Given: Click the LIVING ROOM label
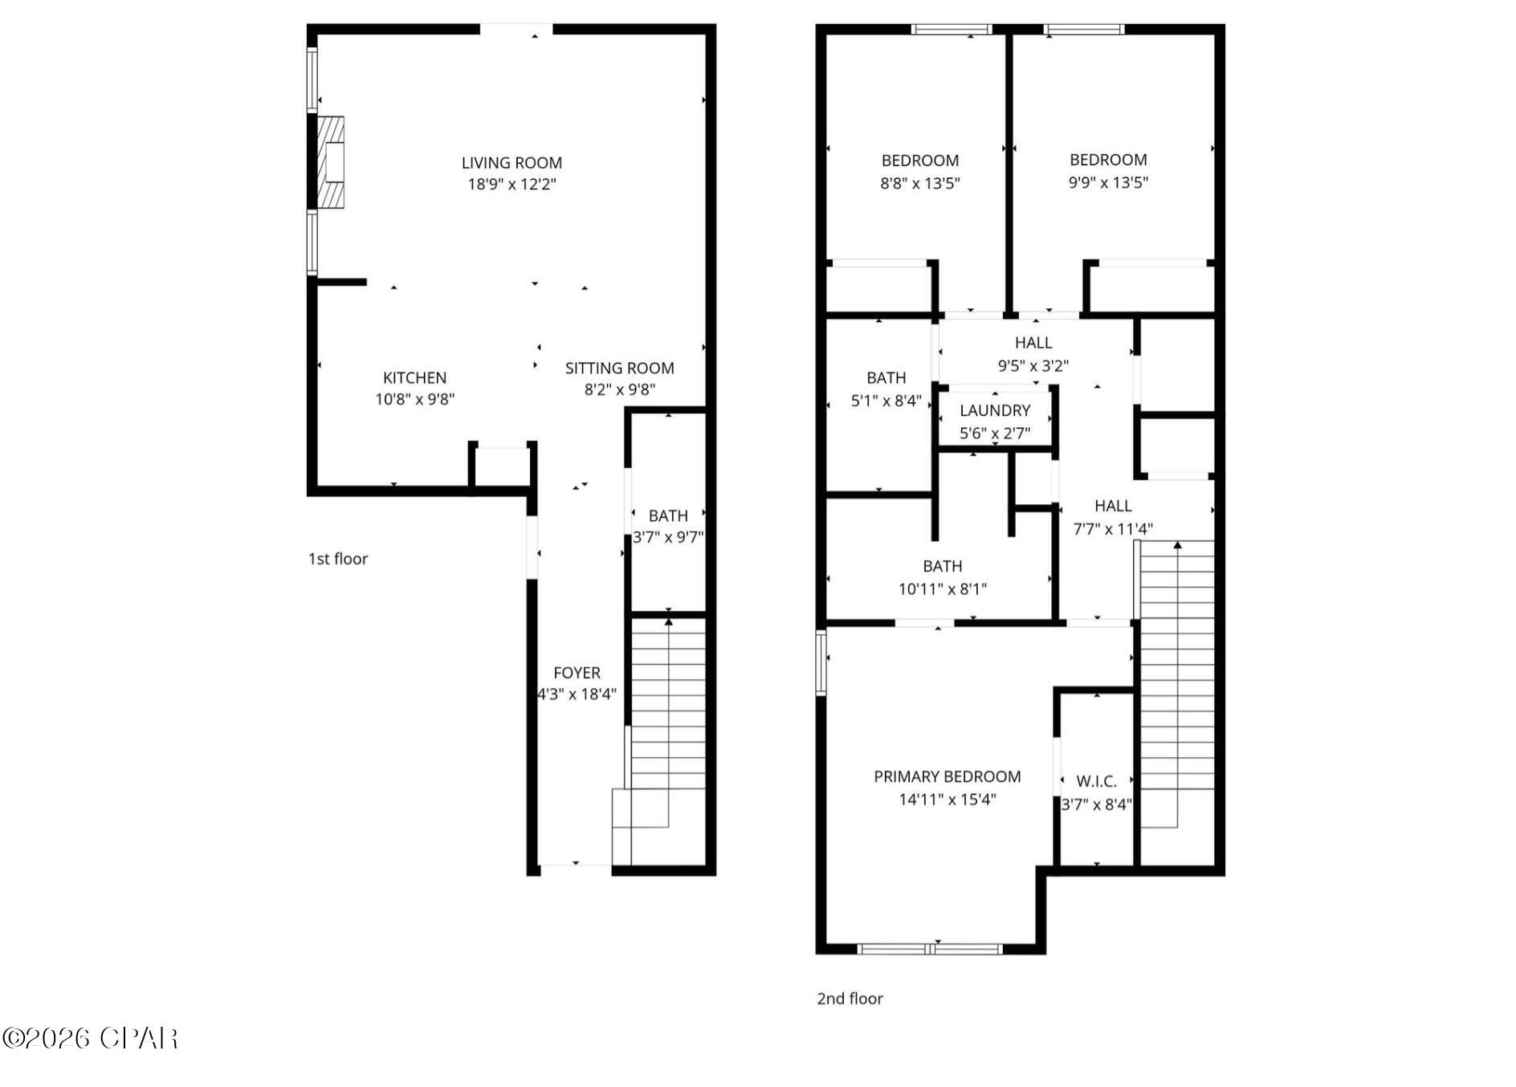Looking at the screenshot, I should [x=511, y=163].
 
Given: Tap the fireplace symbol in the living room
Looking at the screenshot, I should [x=331, y=162].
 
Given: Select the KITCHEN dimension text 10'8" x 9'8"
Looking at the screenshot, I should [x=415, y=399].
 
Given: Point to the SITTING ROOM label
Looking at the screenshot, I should [x=619, y=368].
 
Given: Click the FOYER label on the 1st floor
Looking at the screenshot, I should [x=577, y=673].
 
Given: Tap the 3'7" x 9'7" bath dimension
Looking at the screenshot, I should [x=668, y=537].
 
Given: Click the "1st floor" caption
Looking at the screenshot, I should [x=338, y=559].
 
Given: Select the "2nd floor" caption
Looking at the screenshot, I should [x=850, y=999].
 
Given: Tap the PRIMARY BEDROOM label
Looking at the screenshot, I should [x=947, y=776].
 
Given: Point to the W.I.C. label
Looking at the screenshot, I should [x=1096, y=781].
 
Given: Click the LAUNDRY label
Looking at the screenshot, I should [x=995, y=410].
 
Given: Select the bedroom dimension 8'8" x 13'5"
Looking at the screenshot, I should [x=920, y=183].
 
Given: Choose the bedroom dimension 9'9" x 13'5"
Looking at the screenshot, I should [x=1108, y=182].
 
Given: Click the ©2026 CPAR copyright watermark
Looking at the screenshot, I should [x=90, y=1038].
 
